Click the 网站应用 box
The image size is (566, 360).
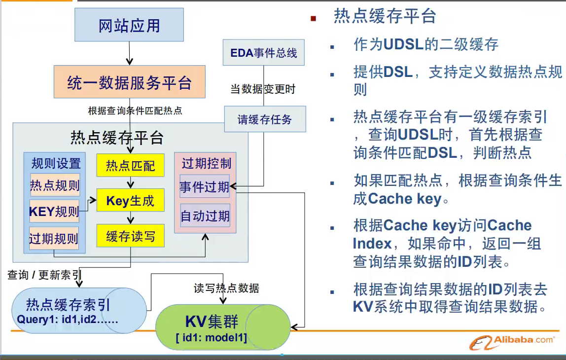point(129,25)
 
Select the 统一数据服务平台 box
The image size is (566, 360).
point(129,82)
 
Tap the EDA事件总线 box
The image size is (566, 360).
point(264,53)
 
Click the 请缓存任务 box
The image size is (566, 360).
point(265,119)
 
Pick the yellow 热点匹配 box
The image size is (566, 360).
point(130,166)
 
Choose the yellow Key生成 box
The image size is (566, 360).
point(130,201)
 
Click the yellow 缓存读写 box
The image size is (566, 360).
point(130,236)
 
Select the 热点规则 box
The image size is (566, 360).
point(55,185)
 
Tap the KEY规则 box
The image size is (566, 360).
point(54,212)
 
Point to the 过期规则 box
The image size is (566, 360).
point(54,239)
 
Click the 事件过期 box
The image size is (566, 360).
point(205,187)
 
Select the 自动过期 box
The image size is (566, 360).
point(205,216)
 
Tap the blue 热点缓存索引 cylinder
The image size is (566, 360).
point(79,309)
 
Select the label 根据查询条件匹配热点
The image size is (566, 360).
point(135,110)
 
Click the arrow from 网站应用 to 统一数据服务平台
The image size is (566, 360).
point(129,53)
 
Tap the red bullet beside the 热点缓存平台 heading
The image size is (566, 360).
point(313,19)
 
